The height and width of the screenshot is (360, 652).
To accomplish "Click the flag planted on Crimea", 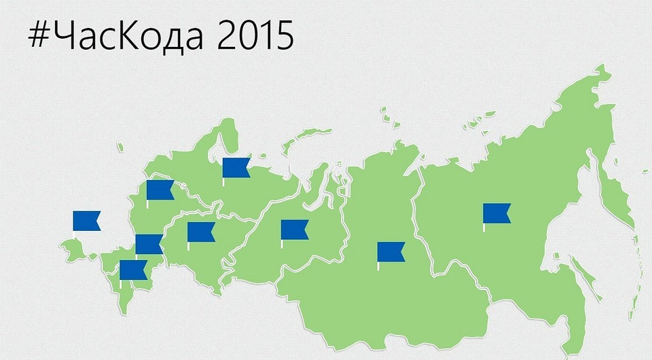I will point(86,221).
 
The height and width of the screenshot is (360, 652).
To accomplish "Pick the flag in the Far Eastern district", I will point(496,213).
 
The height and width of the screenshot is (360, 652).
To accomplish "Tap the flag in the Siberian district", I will point(391,252).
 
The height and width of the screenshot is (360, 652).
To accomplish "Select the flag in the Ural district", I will point(294,230).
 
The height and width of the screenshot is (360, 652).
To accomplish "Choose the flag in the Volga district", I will point(200,232).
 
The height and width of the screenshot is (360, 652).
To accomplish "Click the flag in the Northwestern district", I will point(236,167).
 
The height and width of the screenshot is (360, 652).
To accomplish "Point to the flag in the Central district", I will point(160,190).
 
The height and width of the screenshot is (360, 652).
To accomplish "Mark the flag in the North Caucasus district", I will point(133,270).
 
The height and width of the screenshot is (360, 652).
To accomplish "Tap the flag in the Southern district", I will point(149,244).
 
